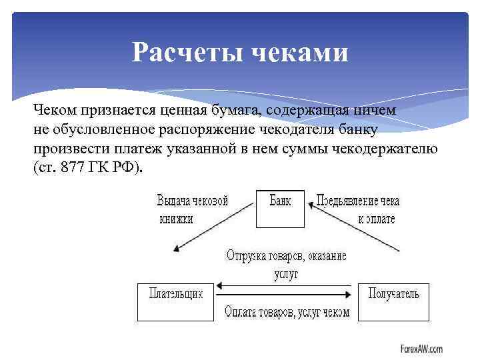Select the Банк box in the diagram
pyautogui.click(x=280, y=209)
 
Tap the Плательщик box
pyautogui.click(x=175, y=301)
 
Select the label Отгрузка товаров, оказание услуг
pyautogui.click(x=286, y=264)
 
